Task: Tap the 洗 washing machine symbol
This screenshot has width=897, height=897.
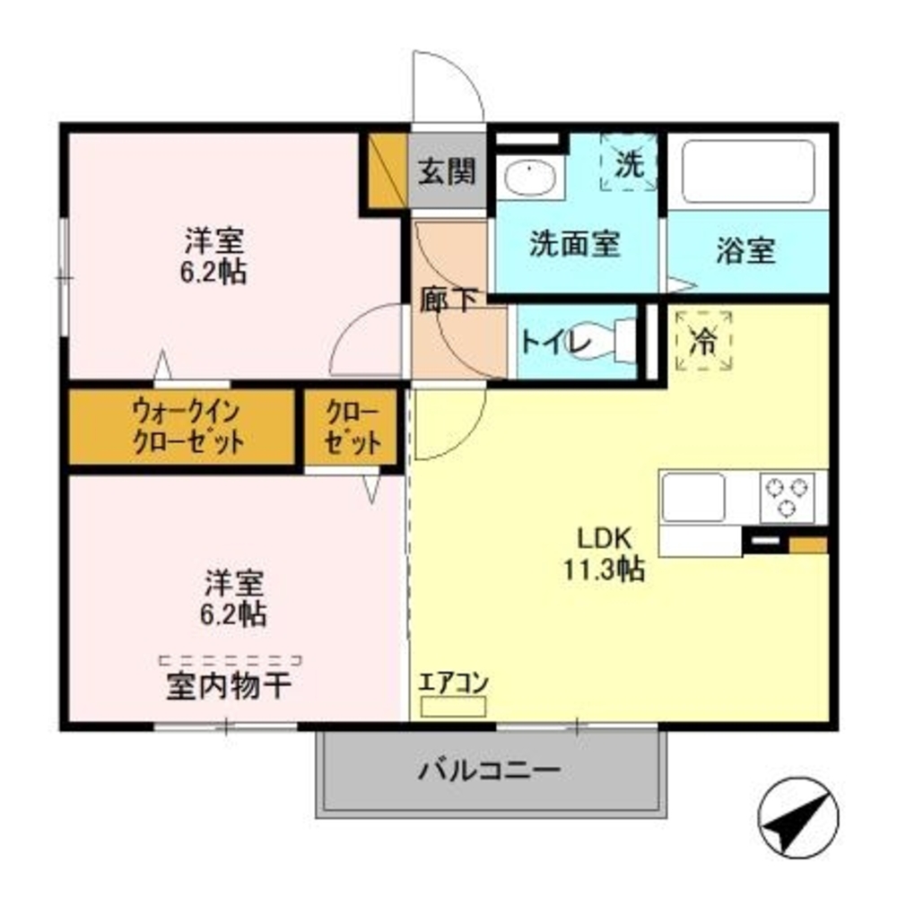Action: click(630, 162)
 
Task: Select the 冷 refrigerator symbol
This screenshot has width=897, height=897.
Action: click(704, 340)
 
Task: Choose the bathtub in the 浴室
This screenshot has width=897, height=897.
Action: click(748, 171)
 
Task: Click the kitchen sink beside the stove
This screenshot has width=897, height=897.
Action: click(693, 496)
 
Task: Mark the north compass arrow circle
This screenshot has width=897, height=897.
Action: click(797, 813)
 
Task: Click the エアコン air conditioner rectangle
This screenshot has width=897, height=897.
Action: click(453, 706)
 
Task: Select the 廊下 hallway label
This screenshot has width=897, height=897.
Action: click(448, 300)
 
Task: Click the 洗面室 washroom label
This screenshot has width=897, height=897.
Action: click(575, 244)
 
